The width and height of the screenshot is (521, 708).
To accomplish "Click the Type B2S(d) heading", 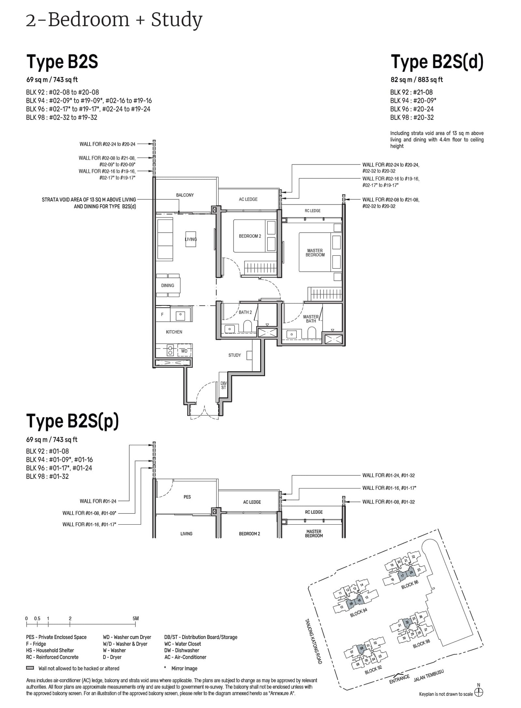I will pos(437,62).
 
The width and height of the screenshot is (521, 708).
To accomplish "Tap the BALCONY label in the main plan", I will pos(185,195).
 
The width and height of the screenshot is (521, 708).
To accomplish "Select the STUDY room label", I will pos(234,355).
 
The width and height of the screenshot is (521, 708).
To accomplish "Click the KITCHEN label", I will pos(174,332).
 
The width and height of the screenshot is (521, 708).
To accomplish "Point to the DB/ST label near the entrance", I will pos(223,386).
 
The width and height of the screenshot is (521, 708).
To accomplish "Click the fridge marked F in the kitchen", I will pos(162,315).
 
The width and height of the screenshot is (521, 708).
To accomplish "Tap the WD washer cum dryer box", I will pos(184,351).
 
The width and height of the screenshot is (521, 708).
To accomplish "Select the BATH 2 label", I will pos(245,312).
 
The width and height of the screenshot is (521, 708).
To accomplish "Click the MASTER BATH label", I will pos(311,319).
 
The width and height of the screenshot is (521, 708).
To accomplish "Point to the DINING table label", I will pos(167,286).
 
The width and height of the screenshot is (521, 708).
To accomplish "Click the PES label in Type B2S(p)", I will pos(187,497).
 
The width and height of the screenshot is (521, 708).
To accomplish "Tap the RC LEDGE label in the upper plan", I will pos(312,211).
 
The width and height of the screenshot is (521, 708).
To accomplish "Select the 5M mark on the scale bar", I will pos(135,618).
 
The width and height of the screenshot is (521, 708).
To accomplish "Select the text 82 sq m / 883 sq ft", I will pos(416,80).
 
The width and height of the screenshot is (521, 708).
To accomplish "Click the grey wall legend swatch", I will pos(30,668).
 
